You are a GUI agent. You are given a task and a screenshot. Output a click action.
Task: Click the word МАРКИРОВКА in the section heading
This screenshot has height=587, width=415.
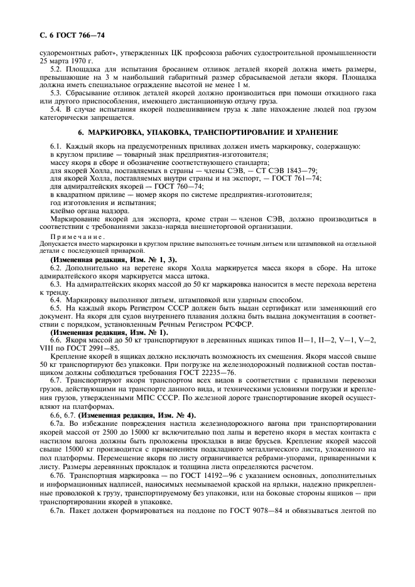pyautogui.click(x=119, y=132)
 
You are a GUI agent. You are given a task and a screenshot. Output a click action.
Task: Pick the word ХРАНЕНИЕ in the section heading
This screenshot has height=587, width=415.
pyautogui.click(x=313, y=132)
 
